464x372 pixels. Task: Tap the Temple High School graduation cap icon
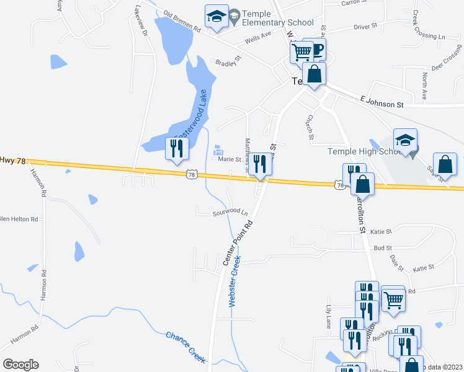click(405, 140)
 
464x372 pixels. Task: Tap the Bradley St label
click(227, 63)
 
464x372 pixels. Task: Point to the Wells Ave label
click(258, 38)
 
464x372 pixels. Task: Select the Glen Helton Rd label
click(19, 219)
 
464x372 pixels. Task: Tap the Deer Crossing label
click(444, 58)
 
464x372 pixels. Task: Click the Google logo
click(20, 364)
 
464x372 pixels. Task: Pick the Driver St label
click(365, 27)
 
